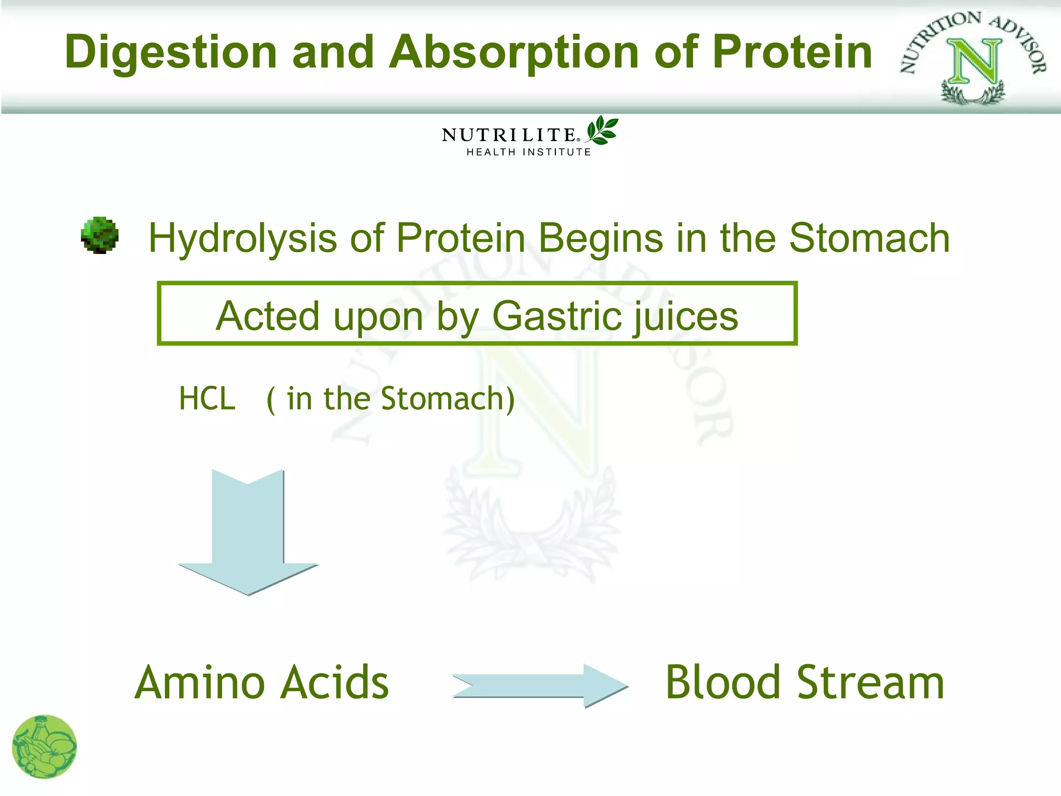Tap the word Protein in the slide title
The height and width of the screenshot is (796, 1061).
click(x=793, y=52)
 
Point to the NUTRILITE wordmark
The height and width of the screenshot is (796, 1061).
click(x=509, y=135)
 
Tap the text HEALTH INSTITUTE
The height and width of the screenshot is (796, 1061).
click(x=528, y=152)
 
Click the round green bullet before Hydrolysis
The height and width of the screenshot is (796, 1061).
click(x=100, y=235)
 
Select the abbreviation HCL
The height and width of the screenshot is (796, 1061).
click(x=207, y=399)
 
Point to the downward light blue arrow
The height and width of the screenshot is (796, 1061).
click(x=248, y=534)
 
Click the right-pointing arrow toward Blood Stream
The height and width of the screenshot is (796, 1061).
click(x=540, y=686)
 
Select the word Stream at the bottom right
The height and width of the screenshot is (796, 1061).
click(x=870, y=683)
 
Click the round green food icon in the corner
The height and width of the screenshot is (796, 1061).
click(x=44, y=747)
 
